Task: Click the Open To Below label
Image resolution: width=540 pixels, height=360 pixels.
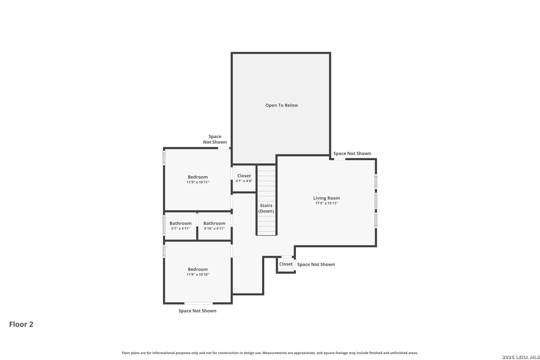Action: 282,105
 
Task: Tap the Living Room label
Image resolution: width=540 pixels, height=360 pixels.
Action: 327,198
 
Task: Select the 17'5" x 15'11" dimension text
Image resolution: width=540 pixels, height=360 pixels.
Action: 327,203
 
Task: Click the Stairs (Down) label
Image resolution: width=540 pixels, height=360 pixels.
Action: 266,208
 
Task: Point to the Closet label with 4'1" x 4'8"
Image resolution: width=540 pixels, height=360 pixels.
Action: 244,176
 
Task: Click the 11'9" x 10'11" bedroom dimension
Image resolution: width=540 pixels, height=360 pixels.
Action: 198,182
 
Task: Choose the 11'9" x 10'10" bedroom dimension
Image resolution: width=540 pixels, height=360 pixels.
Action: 198,275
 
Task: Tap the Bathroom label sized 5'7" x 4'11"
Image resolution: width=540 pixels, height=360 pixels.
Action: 181,223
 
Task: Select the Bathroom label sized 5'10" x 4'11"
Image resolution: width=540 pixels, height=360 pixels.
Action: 214,223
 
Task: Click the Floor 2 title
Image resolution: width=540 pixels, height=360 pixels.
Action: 21,324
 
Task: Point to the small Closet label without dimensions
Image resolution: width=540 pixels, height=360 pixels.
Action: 286,264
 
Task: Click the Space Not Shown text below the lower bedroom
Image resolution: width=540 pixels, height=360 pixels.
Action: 197,311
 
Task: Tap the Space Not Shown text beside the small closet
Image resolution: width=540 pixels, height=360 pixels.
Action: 316,264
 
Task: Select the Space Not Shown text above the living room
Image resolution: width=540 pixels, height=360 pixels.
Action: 352,153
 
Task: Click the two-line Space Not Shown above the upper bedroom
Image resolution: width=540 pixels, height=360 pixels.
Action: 215,139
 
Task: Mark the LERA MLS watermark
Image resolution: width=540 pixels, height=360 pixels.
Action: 521,357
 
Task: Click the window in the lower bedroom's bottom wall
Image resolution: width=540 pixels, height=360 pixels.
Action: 198,303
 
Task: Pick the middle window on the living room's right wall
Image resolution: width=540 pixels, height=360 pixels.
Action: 376,201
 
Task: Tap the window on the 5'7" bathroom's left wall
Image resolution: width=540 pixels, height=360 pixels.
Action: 164,225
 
